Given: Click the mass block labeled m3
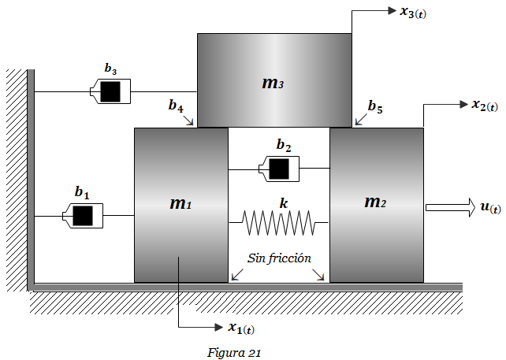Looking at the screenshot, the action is click(274, 80).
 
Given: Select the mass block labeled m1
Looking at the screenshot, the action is click(181, 205).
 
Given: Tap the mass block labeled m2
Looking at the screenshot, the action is click(377, 205).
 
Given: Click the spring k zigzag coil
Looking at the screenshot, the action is click(278, 223).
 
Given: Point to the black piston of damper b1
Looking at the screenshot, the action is click(83, 216).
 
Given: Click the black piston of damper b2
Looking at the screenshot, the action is click(279, 169).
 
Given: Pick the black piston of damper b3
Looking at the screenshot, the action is click(110, 91).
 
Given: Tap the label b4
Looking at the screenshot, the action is click(176, 106).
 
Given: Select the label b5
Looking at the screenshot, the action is click(375, 106).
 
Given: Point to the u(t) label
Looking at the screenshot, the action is click(490, 207).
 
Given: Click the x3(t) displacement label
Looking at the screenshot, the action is click(413, 13).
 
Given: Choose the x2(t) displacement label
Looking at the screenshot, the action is click(485, 106).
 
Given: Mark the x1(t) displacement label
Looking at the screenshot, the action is click(241, 328).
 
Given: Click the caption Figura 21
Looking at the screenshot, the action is click(234, 353).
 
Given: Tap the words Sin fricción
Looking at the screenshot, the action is click(279, 258).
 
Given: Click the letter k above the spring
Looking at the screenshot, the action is click(284, 203).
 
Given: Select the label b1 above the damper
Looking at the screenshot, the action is click(82, 192).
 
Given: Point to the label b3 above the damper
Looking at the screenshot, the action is click(110, 69).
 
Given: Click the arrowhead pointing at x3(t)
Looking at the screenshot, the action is click(392, 11).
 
